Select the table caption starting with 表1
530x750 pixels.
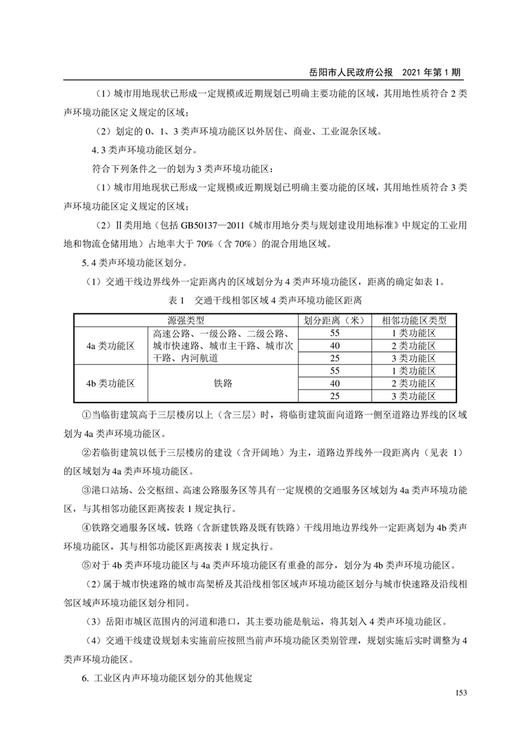point(265,299)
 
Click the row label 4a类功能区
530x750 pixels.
point(110,346)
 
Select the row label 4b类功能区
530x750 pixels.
point(110,384)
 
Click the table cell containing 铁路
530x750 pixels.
point(221,384)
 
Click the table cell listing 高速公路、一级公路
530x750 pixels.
point(221,346)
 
